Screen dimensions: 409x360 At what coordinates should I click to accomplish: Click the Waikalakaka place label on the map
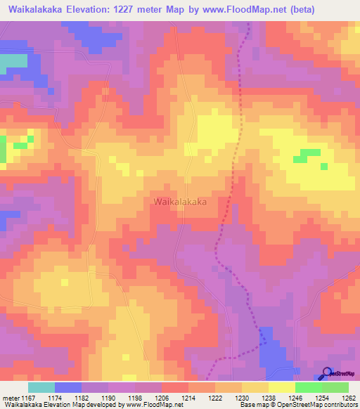click(179, 201)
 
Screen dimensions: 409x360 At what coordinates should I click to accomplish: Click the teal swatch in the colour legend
click(41, 387)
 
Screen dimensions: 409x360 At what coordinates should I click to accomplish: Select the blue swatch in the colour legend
click(68, 387)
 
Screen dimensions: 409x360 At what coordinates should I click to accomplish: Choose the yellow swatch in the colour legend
click(282, 387)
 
